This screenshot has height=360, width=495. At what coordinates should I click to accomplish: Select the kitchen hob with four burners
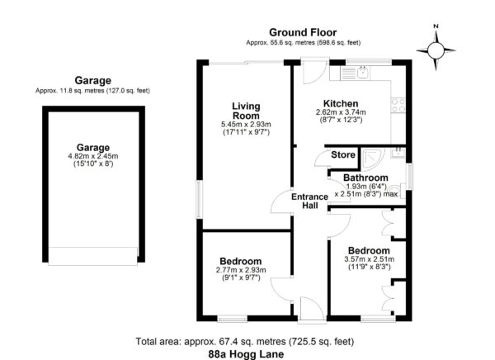398,105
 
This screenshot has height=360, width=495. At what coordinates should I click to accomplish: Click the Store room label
343,155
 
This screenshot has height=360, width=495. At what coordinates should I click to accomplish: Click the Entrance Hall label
309,201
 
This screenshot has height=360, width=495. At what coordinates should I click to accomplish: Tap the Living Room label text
246,111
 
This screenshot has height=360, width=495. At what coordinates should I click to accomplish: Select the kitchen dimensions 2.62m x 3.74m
341,112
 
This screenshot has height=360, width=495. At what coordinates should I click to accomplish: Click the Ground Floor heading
303,32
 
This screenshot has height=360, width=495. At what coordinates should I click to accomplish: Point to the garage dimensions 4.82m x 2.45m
93,156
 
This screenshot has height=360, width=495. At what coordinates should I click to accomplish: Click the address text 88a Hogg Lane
246,354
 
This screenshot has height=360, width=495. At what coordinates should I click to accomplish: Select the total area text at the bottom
245,341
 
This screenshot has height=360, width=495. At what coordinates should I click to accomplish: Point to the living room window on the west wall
199,200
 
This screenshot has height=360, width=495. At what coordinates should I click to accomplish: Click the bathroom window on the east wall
409,177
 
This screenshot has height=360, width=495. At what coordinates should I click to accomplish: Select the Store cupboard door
323,159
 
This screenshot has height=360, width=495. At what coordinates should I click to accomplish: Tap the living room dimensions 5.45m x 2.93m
246,125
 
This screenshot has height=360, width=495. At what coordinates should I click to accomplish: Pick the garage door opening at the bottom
93,256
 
